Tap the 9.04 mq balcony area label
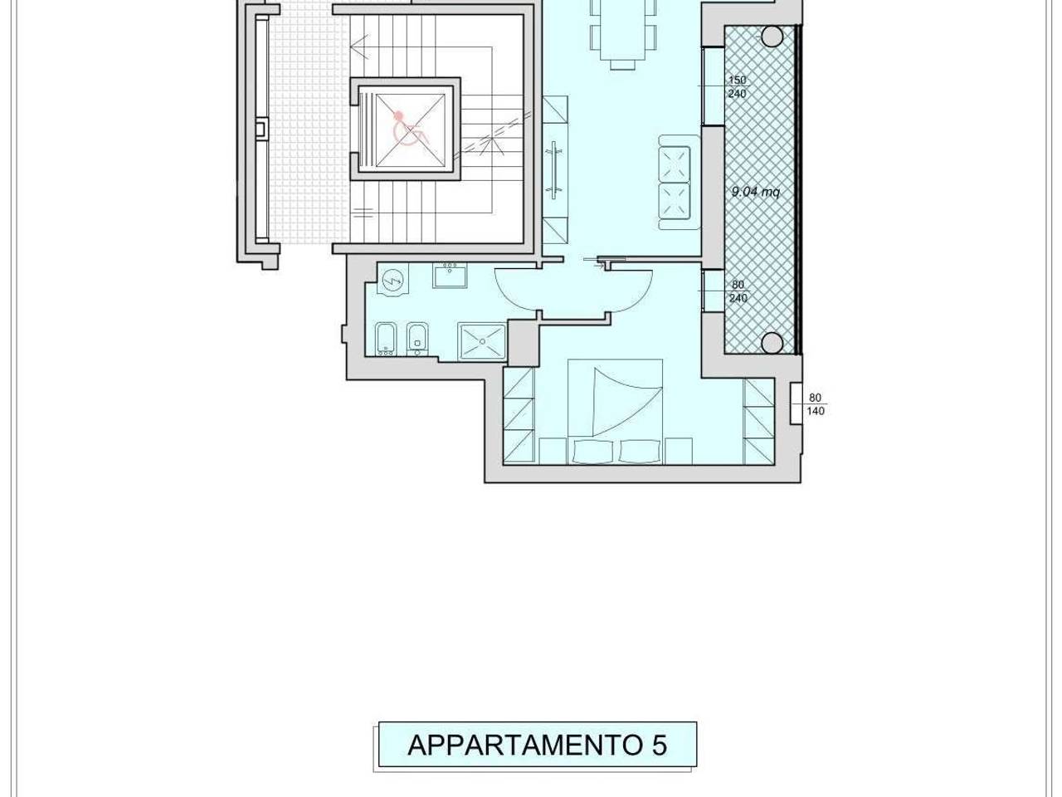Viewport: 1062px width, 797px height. (x=755, y=192)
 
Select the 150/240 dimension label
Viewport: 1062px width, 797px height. (x=737, y=87)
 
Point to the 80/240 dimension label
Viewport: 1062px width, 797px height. (x=738, y=291)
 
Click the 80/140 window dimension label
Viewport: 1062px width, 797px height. (x=816, y=404)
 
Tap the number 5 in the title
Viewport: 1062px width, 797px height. (x=658, y=745)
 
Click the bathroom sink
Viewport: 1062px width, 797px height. (x=451, y=276)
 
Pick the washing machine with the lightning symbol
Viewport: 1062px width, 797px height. (x=391, y=282)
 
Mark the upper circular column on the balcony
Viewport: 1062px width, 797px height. (x=772, y=36)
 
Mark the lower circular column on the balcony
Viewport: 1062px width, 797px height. (x=772, y=341)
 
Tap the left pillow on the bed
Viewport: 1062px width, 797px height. (x=592, y=451)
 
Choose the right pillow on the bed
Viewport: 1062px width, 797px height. (x=639, y=451)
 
